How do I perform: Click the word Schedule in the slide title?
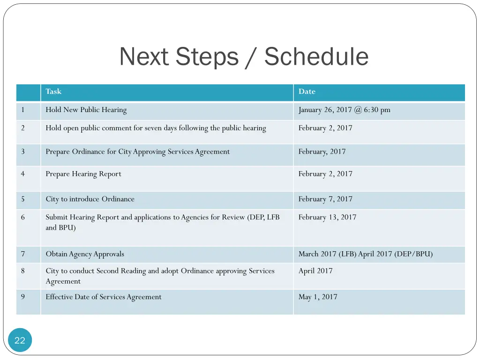point(316,57)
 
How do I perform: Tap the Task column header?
point(53,91)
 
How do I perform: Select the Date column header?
point(307,91)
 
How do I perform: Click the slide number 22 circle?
point(20,340)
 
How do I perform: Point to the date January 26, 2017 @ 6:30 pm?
point(344,110)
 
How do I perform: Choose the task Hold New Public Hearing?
point(86,110)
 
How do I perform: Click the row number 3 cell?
point(23,151)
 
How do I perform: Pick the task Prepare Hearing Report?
point(83,174)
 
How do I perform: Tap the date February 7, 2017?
point(325,199)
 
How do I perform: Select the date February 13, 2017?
point(327,217)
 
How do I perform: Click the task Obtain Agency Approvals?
point(85,254)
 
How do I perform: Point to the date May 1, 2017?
point(318,297)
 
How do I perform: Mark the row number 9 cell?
point(23,297)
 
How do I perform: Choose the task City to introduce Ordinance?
point(90,199)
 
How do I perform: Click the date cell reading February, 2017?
point(322,151)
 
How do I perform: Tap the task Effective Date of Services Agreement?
point(104,297)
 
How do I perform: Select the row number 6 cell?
point(23,217)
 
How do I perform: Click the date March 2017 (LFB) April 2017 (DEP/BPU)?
point(366,254)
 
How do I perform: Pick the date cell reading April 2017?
point(315,270)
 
